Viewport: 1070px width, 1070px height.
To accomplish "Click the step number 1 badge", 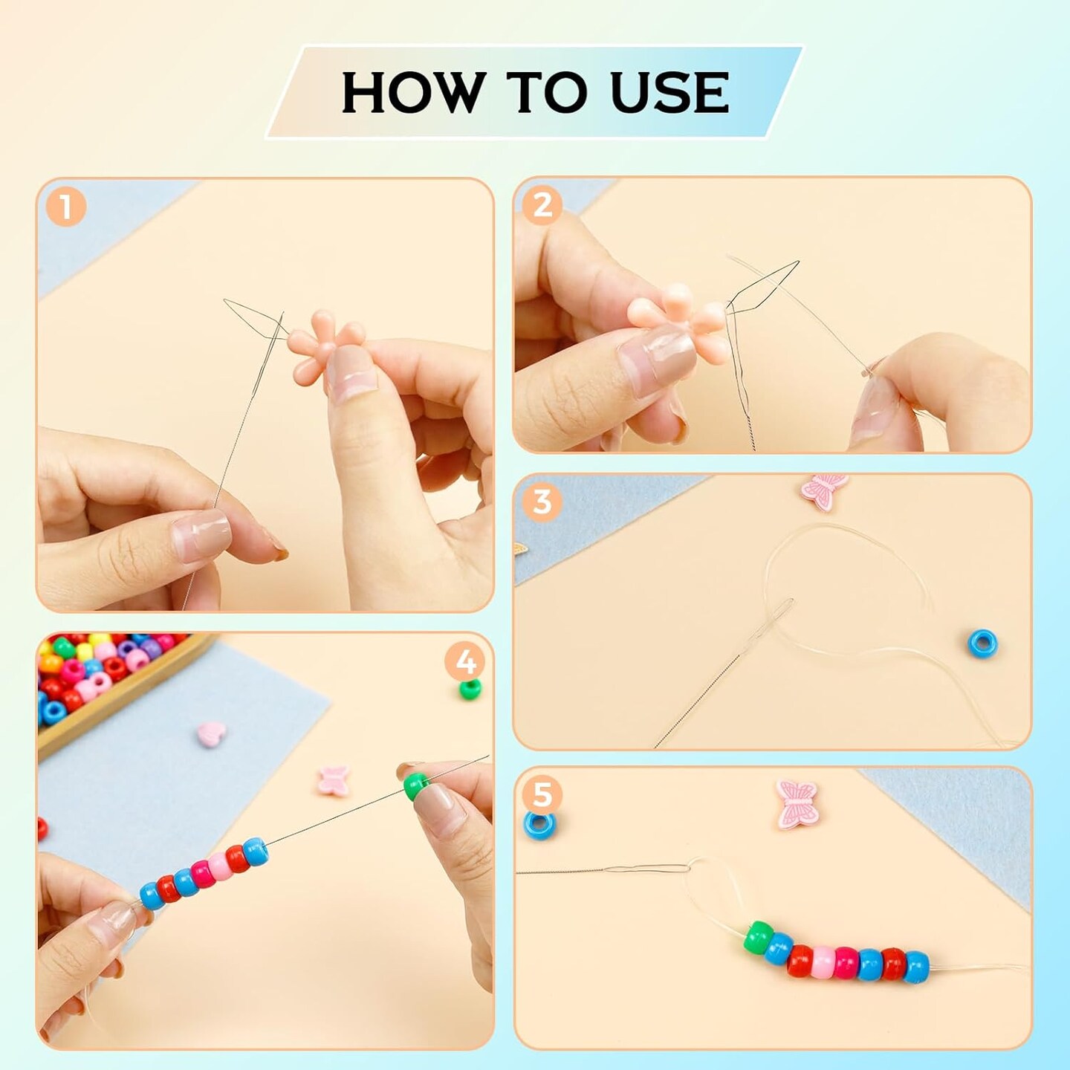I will (66, 207).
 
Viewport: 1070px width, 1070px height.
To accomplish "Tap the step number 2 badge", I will (542, 204).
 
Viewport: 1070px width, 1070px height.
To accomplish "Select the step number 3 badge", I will (542, 502).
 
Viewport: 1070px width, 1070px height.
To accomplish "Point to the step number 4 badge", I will (465, 661).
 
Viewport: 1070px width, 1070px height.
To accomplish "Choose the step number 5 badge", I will (542, 794).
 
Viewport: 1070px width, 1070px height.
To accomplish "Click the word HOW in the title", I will (411, 93).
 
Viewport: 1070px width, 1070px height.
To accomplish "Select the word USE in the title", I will (669, 93).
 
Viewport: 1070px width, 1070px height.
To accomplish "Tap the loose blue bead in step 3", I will (982, 643).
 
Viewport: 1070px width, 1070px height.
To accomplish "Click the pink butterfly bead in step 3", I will (825, 490).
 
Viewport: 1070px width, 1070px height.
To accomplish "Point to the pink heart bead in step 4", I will (211, 735).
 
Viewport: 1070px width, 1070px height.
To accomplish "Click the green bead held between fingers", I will (415, 786).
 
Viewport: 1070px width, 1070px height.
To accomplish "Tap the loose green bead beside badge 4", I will (470, 689).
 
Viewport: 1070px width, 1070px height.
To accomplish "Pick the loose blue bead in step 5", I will (539, 825).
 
